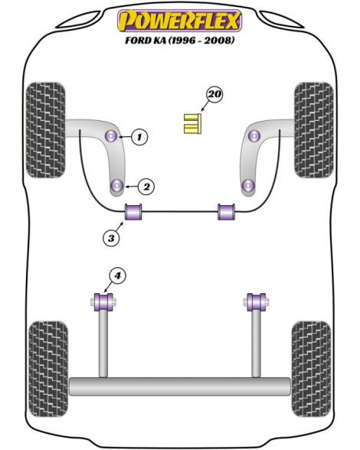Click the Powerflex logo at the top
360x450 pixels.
179,21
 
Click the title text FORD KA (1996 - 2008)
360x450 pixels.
179,40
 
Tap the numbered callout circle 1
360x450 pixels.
139,136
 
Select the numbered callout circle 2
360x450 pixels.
146,187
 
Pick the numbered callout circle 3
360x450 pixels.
111,238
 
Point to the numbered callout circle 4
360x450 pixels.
117,276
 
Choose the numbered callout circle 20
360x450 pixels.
214,94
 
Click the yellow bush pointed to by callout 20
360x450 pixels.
192,124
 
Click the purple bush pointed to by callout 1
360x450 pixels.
112,135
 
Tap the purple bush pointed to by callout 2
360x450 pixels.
117,186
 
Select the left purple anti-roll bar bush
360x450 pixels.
133,212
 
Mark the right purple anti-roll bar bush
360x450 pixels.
226,212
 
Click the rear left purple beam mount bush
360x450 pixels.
103,302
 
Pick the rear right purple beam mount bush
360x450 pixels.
257,302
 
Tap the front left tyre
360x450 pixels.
46,130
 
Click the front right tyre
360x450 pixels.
314,130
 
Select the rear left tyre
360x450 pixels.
48,369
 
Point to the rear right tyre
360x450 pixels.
311,369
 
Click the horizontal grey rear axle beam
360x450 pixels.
180,386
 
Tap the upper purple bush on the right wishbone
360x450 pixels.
254,135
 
